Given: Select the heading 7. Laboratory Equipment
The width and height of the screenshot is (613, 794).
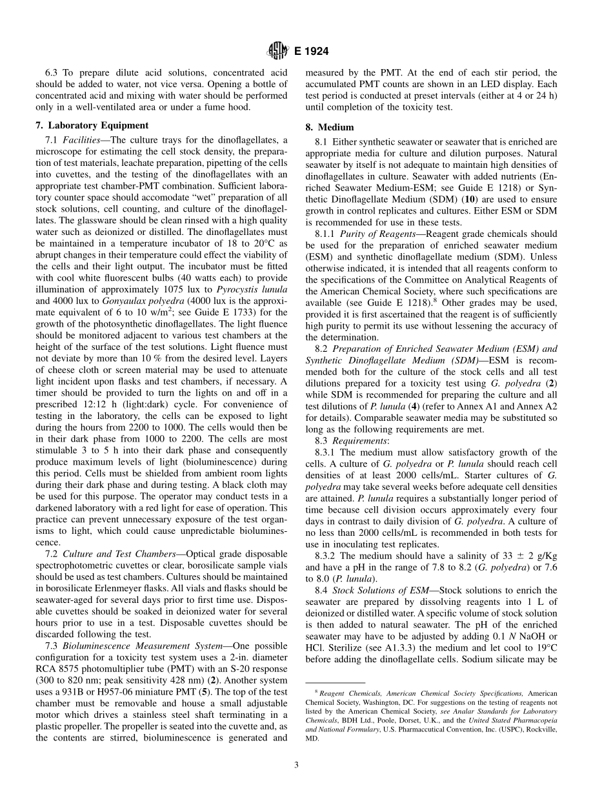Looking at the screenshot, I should coord(92,125).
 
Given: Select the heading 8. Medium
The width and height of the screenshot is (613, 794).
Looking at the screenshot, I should coord(336,127).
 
